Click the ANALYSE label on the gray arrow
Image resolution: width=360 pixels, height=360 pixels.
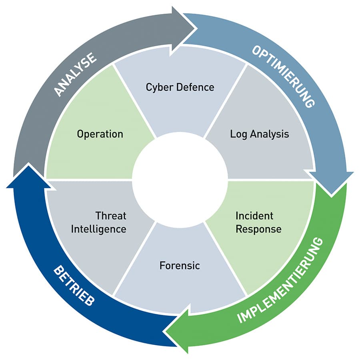75,74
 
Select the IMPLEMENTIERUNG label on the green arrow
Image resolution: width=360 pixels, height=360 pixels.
280,280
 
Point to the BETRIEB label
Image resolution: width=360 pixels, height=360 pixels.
74,286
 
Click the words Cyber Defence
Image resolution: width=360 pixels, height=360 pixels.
180,87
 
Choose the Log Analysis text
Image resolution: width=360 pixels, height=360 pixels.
260,134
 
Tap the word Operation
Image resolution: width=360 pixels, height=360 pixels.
100,134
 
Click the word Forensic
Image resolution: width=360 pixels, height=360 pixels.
180,266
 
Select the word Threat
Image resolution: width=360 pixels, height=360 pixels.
111,216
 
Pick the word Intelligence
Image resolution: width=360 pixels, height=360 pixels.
98,229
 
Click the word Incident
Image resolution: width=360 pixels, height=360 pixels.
254,216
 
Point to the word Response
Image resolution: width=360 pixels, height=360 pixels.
258,229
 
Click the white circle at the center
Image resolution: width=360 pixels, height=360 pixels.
180,180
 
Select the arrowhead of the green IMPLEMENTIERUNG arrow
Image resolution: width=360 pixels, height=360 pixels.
176,329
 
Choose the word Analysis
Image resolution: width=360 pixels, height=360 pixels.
270,134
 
